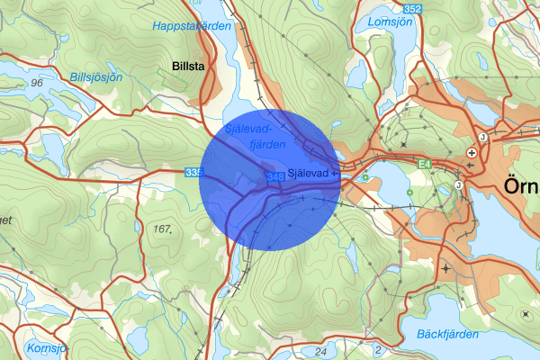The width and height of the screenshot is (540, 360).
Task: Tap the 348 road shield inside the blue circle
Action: [275, 175]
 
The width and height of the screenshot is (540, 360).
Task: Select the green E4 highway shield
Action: [425, 163]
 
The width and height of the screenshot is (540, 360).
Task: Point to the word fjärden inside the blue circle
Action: [267, 144]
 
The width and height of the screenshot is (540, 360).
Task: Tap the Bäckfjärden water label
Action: [445, 334]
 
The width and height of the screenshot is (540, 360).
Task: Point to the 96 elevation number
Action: [36, 83]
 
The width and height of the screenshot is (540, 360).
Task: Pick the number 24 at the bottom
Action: [321, 351]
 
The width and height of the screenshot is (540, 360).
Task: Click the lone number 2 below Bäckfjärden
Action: [379, 349]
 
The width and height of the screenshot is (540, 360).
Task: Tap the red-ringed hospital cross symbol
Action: [472, 153]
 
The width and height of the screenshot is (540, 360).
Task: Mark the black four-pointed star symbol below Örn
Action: [446, 269]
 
